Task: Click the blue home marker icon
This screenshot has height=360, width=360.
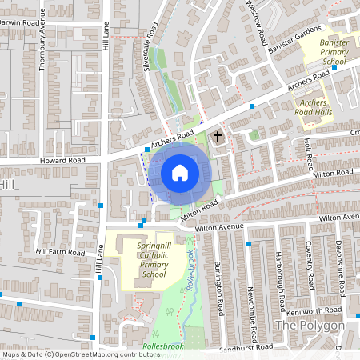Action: (179, 172)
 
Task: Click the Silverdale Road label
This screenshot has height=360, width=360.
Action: (146, 56)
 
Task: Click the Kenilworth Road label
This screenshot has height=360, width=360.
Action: (320, 310)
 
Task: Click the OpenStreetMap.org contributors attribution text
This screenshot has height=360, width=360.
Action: (107, 354)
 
